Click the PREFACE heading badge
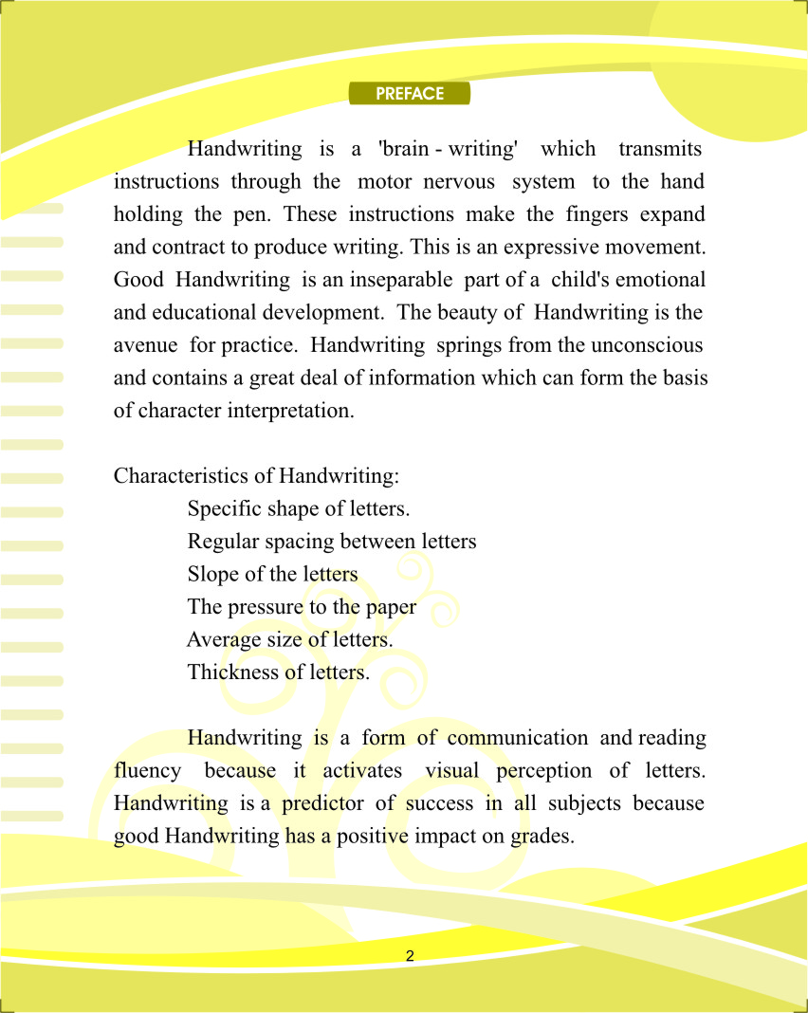(x=410, y=94)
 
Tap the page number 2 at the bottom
(x=410, y=955)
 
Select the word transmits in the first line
(x=660, y=149)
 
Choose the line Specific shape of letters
(x=299, y=508)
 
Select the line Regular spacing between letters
(x=332, y=542)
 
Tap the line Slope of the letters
(x=273, y=574)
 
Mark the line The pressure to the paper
(x=302, y=607)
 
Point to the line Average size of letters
(x=290, y=639)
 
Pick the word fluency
(x=147, y=771)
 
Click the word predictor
(x=322, y=803)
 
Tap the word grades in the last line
(x=542, y=837)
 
